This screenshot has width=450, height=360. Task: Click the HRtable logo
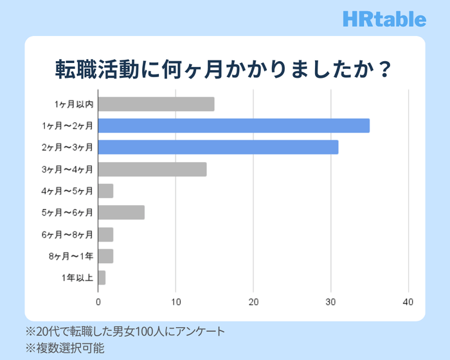384,19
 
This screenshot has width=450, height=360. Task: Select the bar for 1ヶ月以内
156,104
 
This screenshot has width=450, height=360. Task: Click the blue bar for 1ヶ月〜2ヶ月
234,125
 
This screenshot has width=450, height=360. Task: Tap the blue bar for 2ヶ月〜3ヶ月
219,147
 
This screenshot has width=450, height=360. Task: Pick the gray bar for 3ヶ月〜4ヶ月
152,170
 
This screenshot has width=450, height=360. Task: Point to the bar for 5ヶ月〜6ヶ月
122,212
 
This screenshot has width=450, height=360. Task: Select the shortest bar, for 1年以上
102,278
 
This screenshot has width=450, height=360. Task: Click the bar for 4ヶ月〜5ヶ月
105,191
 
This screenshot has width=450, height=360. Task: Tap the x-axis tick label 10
176,301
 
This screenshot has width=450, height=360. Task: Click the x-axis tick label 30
331,301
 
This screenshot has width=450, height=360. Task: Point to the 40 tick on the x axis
408,301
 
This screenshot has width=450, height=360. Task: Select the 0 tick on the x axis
98,301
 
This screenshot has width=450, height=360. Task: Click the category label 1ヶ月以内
74,104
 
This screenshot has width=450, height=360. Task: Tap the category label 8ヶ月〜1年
71,256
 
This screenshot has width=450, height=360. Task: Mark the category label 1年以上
77,278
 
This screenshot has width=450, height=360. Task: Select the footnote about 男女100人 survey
125,332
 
